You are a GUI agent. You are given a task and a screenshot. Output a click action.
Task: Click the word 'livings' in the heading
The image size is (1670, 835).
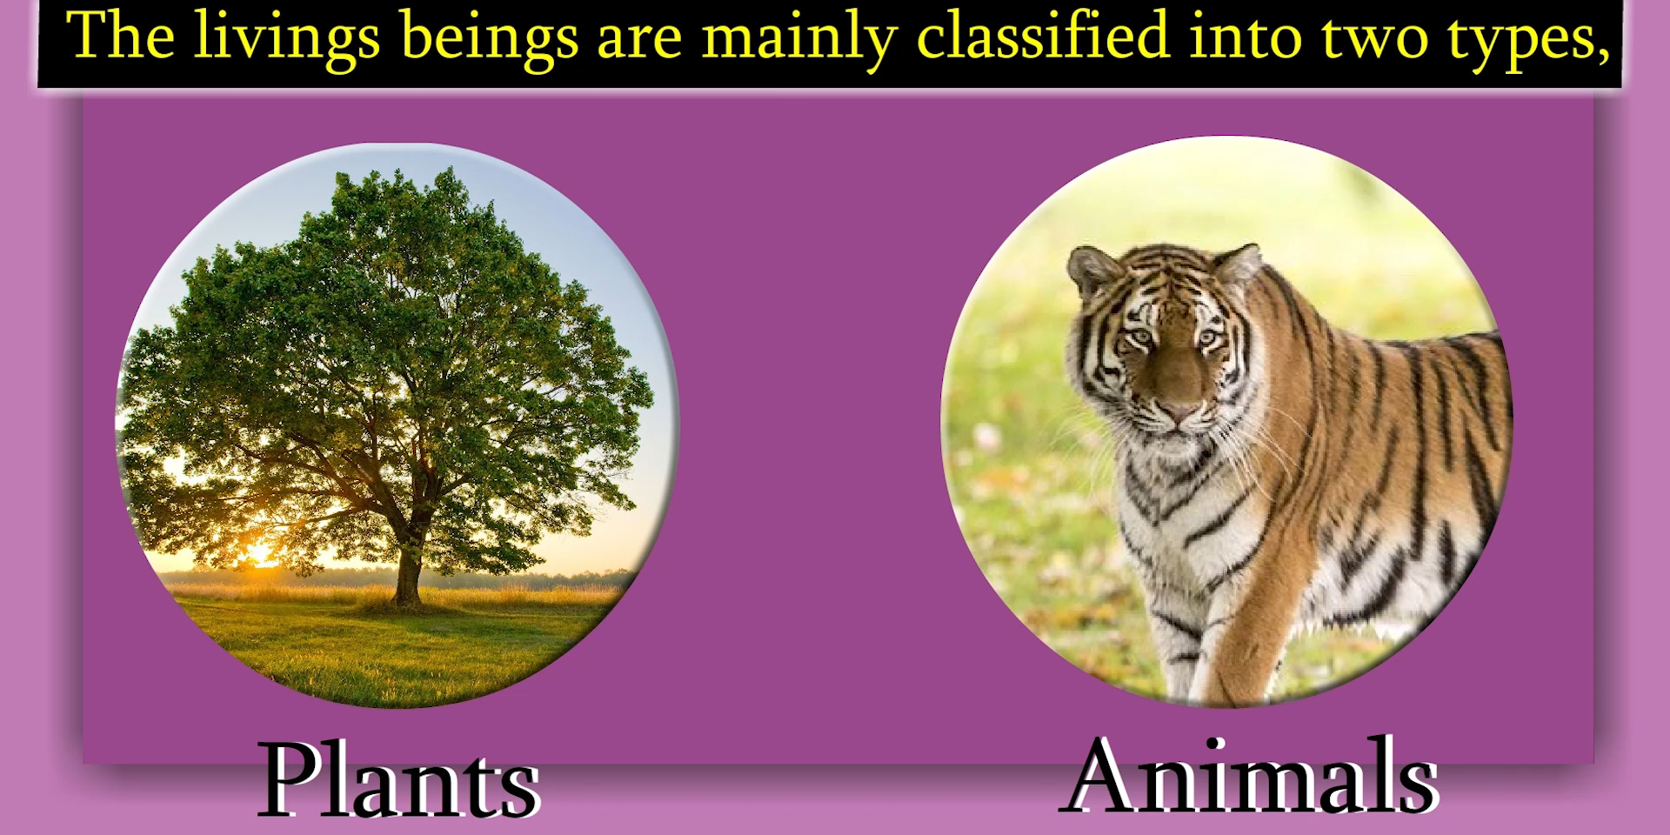coord(287,40)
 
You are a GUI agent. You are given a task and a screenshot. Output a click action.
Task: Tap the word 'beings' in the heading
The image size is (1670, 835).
coord(489,40)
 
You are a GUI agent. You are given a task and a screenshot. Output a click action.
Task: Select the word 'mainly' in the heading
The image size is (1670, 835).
coord(799,40)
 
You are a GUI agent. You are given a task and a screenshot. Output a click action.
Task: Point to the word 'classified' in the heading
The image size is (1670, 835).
coord(1043,36)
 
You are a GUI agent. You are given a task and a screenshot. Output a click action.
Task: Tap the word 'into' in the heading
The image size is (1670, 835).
coord(1245,36)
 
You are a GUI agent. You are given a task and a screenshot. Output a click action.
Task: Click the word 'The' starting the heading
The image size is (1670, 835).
coord(120,36)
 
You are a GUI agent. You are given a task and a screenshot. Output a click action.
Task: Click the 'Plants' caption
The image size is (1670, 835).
coord(399,780)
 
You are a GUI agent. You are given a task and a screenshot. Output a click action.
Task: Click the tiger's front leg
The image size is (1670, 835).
coord(1235,626)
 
